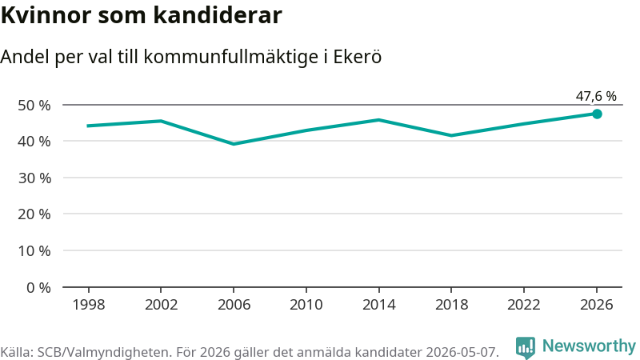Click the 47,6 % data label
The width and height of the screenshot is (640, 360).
coord(596,96)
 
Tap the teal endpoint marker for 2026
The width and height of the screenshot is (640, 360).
coord(597,114)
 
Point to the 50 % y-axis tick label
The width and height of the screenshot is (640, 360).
coord(34,106)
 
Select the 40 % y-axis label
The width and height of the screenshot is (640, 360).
coord(34,142)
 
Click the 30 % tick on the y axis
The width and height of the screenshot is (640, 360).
coord(34,178)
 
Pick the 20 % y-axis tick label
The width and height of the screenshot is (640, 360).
coord(34,214)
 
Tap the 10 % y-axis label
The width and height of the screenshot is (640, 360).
coord(34,250)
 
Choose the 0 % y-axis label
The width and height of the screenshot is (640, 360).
coord(38,288)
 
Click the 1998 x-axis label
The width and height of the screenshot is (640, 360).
coord(89,305)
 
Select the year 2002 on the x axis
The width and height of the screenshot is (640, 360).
coord(162,305)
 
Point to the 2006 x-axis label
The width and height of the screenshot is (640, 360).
coord(234,305)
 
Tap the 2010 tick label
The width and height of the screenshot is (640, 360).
coord(306,305)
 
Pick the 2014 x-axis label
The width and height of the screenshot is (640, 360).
coord(378,305)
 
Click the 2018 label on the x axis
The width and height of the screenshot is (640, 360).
coord(451,305)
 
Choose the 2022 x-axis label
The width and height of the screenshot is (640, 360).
coord(524,305)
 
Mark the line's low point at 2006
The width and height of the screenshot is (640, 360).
coord(234,144)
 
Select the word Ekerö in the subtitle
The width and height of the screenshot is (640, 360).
coord(358,56)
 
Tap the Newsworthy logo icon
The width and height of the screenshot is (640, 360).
coord(526,348)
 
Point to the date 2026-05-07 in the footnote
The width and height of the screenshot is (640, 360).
coord(462,352)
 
